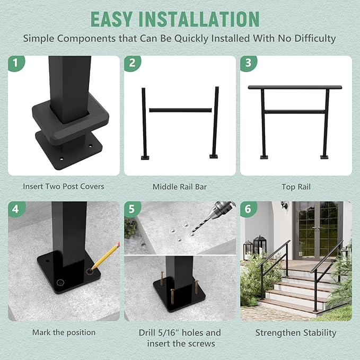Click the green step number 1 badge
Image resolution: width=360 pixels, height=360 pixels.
click(x=16, y=64)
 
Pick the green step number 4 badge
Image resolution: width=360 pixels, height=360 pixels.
click(x=16, y=209)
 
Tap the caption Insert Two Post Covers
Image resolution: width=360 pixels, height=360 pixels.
click(x=64, y=187)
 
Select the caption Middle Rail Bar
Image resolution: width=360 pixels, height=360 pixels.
click(x=180, y=187)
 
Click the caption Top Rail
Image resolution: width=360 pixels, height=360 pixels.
click(x=296, y=187)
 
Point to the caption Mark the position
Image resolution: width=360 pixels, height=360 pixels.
click(x=64, y=332)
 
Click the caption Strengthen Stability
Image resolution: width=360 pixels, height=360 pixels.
click(x=296, y=333)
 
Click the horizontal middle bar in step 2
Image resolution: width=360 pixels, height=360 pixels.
click(x=180, y=110)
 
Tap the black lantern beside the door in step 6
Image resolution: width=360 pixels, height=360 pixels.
click(x=259, y=245)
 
